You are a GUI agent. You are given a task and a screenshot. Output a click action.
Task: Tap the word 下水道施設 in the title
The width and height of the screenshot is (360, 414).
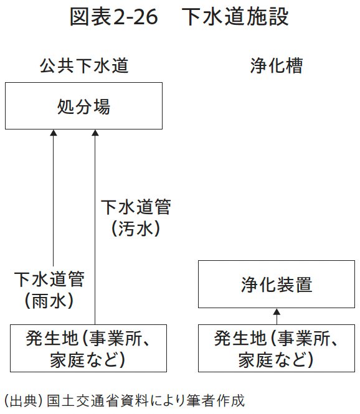click(235, 18)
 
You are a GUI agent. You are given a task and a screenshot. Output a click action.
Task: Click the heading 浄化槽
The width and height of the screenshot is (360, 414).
click(276, 66)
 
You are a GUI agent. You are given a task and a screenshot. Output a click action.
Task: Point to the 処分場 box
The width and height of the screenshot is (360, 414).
click(83, 107)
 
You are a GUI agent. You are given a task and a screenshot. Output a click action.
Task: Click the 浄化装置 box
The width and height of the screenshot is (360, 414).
click(276, 285)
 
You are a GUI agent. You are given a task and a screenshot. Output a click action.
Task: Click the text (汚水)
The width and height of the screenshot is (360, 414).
click(136, 228)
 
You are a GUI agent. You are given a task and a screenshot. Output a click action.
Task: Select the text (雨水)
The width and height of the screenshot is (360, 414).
click(49, 301)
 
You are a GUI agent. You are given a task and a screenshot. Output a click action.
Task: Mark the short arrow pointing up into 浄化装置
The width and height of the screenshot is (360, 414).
click(277, 315)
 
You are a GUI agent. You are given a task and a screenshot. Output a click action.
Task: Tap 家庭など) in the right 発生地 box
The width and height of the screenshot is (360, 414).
click(276, 359)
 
